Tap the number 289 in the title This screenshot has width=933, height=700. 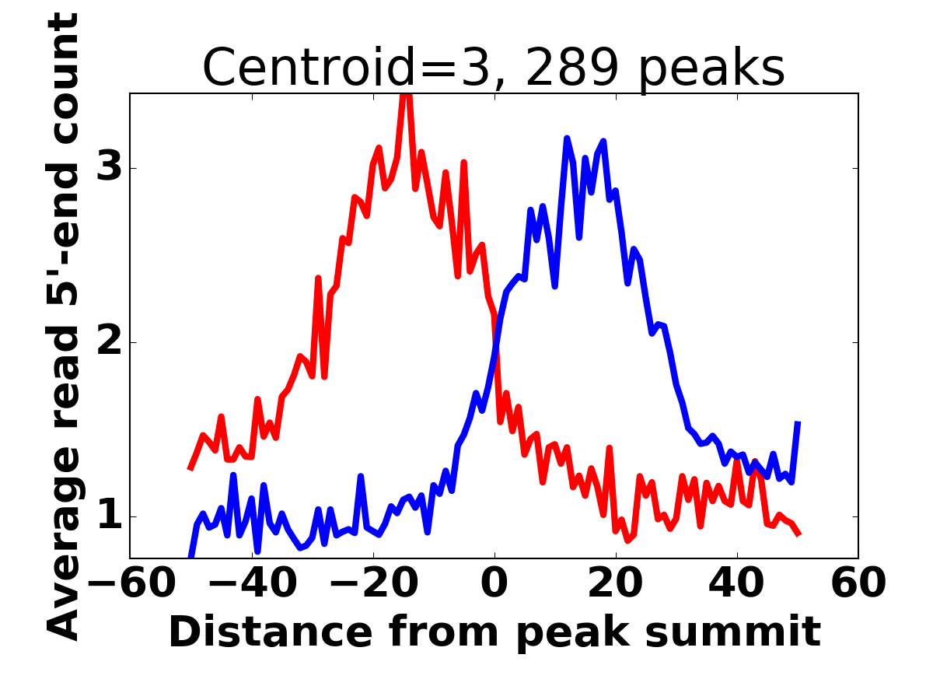tap(571, 68)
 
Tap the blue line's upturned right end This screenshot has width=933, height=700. tap(798, 422)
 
